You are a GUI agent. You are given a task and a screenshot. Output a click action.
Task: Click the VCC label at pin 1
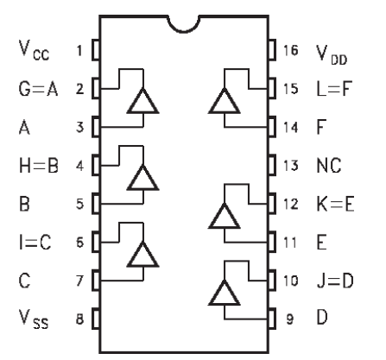[x=34, y=50]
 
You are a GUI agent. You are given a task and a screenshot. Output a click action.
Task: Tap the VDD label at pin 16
[x=332, y=54]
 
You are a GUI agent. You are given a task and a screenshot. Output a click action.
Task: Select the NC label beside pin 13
[x=329, y=166]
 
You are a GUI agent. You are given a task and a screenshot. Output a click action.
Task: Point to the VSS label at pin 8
[x=34, y=319]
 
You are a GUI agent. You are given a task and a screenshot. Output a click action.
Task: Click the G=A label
[x=38, y=88]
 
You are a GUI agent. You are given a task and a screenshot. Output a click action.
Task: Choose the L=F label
[x=334, y=88]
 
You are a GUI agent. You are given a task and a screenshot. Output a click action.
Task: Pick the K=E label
[x=335, y=204]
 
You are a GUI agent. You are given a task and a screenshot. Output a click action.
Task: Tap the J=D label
[x=335, y=281]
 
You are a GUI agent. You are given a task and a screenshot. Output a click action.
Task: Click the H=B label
[x=39, y=166]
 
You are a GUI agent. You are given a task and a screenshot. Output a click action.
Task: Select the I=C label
[x=35, y=242]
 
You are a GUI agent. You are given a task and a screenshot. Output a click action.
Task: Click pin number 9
[x=290, y=319]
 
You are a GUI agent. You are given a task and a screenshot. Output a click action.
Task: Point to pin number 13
[x=291, y=166]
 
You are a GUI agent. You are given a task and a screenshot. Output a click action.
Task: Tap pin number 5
[x=80, y=204]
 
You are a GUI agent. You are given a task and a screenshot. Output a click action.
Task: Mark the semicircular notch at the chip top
[x=184, y=30]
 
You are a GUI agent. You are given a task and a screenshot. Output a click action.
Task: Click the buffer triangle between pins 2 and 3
[x=142, y=101]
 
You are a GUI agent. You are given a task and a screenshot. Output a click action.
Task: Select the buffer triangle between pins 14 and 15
[x=225, y=101]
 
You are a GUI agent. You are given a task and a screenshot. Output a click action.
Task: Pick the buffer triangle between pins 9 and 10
[x=225, y=293]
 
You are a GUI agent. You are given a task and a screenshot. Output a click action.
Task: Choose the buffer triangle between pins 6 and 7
[x=142, y=255]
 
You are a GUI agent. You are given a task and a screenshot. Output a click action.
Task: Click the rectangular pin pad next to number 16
[x=272, y=50]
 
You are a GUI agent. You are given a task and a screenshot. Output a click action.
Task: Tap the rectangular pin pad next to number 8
[x=96, y=319]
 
